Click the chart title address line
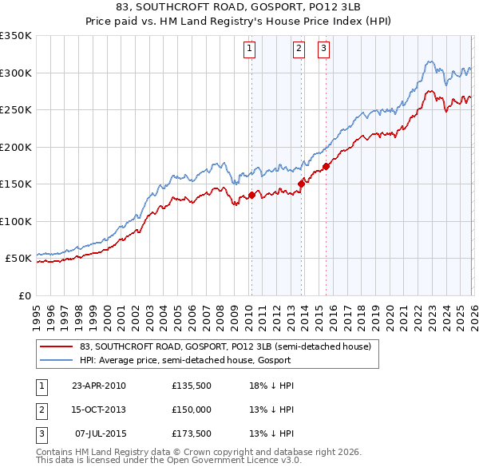[239, 7]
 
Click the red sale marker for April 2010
[251, 195]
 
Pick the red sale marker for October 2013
[301, 184]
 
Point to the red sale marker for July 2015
[326, 167]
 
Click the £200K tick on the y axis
[16, 147]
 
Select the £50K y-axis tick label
[18, 259]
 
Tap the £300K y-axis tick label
[16, 73]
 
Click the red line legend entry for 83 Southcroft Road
[225, 346]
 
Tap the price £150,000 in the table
[192, 410]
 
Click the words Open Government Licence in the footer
[234, 461]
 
